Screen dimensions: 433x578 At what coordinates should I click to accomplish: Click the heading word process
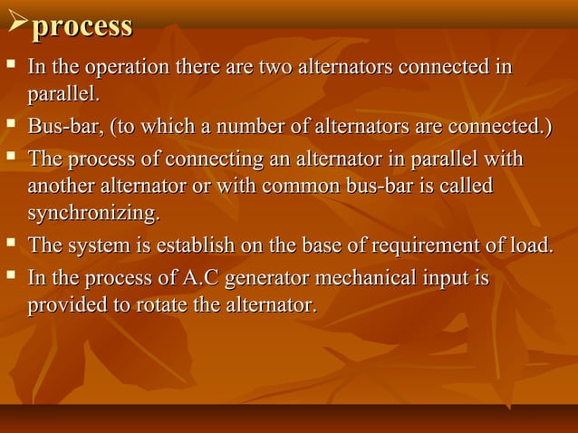pos(82,25)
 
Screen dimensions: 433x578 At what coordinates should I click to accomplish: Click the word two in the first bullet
pos(275,68)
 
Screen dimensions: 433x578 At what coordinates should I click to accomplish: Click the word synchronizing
pos(92,215)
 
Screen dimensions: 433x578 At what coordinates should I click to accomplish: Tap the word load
pos(530,245)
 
